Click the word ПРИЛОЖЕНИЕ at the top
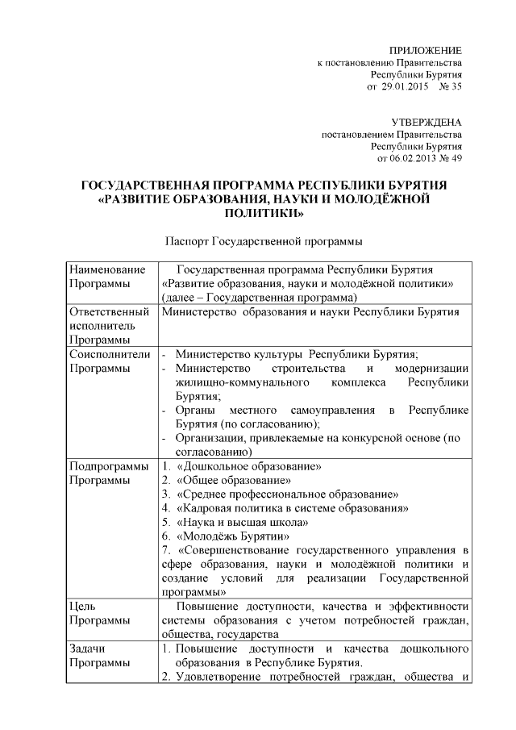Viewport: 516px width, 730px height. pos(426,50)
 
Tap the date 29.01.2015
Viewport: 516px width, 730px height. pos(405,85)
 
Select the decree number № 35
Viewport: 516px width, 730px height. pos(450,85)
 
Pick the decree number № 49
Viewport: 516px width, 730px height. pos(451,158)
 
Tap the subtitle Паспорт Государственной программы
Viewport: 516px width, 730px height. pos(263,240)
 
